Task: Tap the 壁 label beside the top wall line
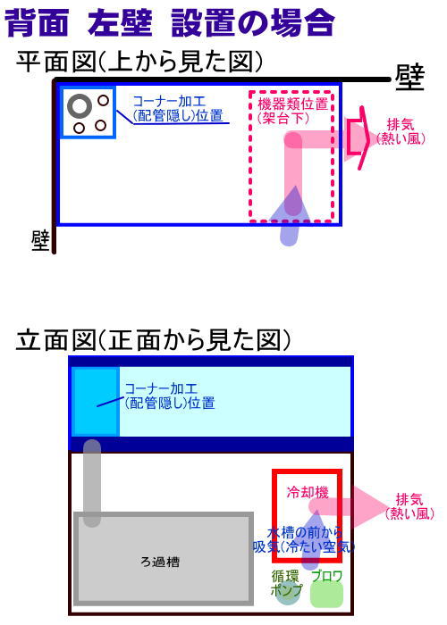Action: (x=409, y=77)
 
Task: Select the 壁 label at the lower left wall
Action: (x=40, y=241)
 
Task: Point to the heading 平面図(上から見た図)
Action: (x=139, y=62)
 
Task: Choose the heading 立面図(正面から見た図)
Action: (x=154, y=339)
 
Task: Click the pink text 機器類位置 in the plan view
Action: (x=293, y=104)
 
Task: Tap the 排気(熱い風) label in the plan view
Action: (x=401, y=131)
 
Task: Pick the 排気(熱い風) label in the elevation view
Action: (x=409, y=506)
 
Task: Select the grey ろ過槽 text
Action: (x=160, y=562)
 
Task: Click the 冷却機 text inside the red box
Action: (x=308, y=492)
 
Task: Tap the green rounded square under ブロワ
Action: (x=326, y=595)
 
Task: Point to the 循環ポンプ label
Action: (x=286, y=582)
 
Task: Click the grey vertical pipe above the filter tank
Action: (x=92, y=483)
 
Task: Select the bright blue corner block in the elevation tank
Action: (x=96, y=402)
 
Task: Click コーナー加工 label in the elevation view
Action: (x=161, y=388)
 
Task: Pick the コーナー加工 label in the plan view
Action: (x=169, y=101)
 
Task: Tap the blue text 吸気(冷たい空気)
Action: (x=303, y=546)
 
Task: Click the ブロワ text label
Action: (x=326, y=576)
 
